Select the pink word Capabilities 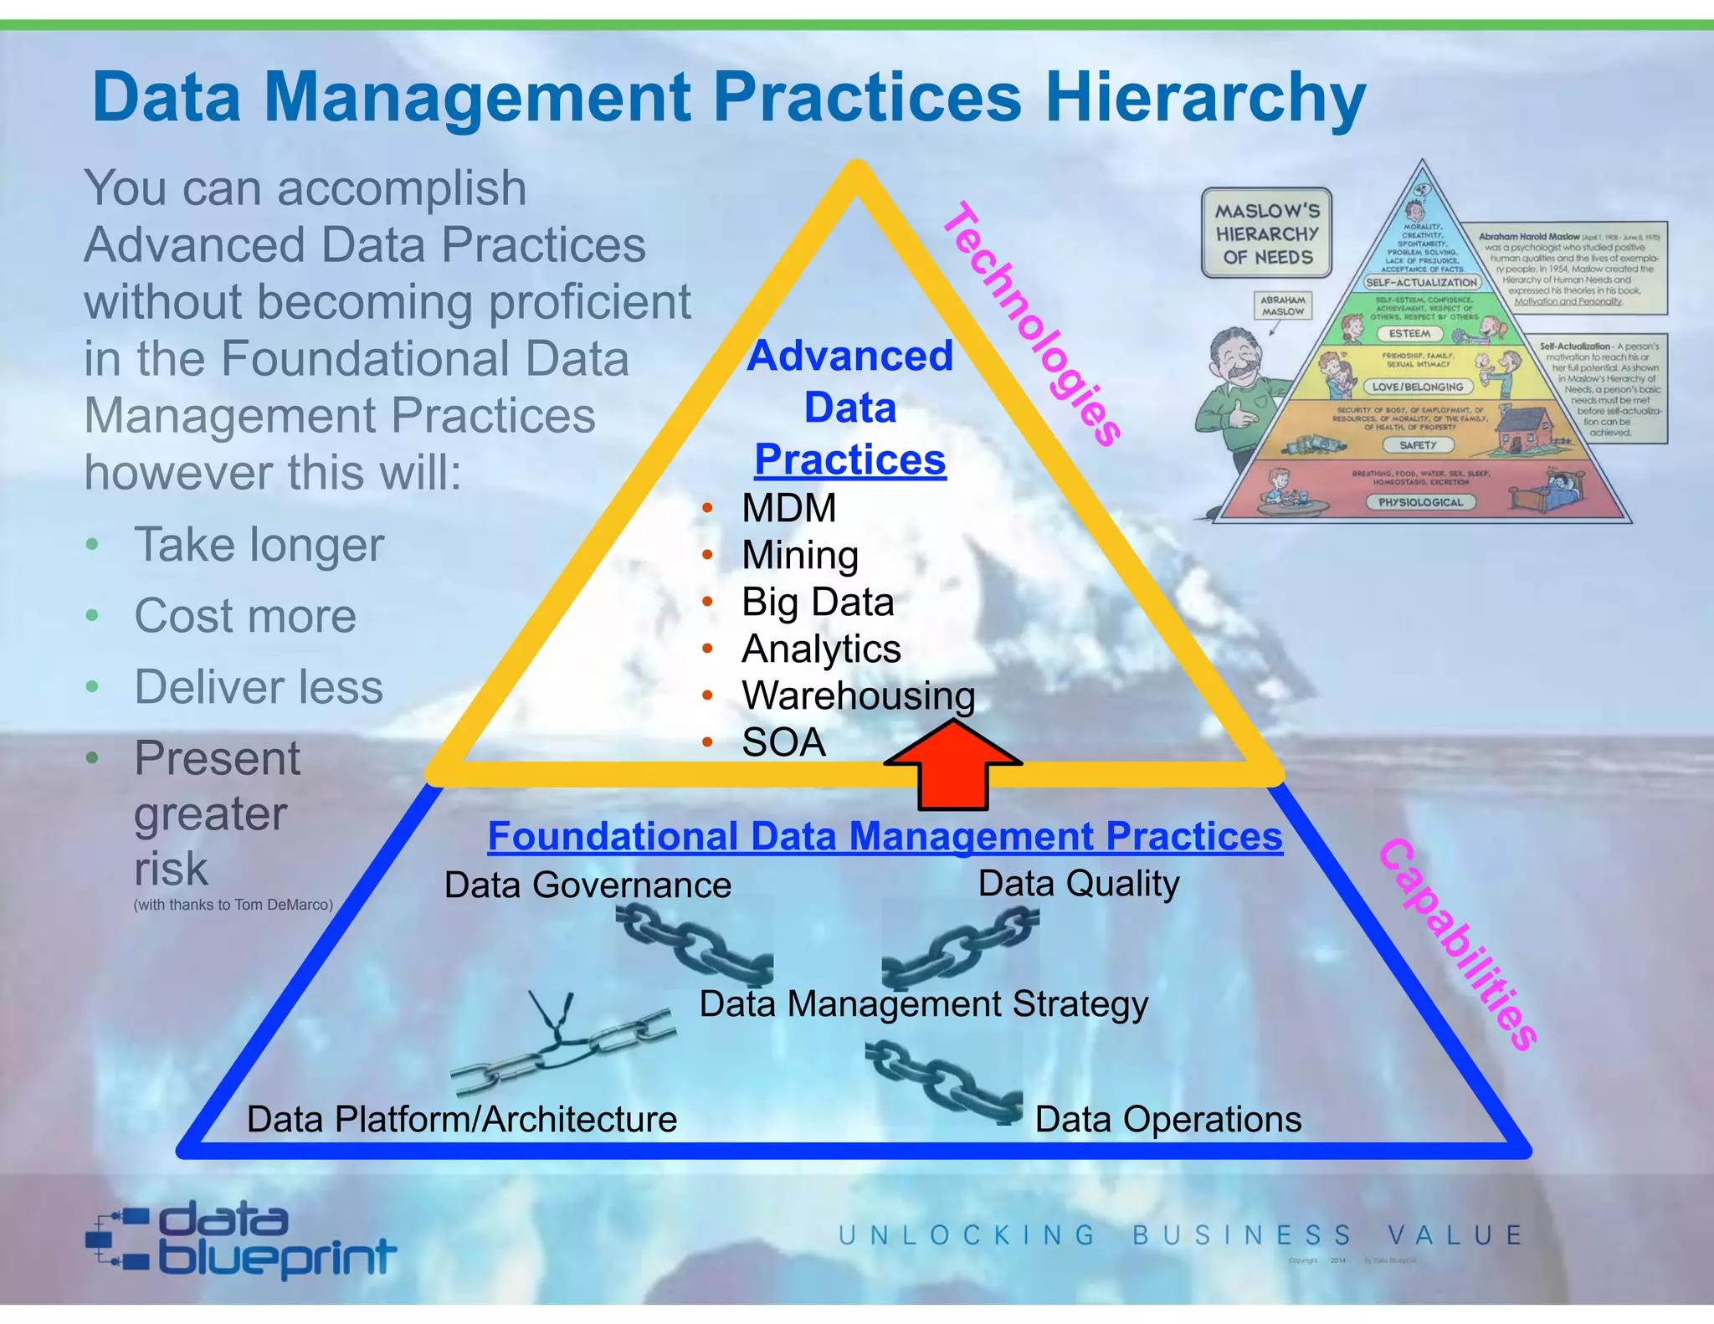[1457, 944]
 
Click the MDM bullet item [788, 508]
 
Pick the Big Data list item [818, 602]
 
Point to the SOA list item [783, 742]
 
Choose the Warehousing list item [858, 695]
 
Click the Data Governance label [588, 885]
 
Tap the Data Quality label [1079, 883]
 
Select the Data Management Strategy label [923, 1003]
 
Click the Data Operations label [1167, 1119]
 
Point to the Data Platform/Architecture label [462, 1119]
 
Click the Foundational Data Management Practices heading [885, 836]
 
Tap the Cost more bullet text [245, 616]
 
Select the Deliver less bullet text [259, 687]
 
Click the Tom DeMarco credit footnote [233, 905]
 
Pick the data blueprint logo [241, 1240]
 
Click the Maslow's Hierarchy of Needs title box [1266, 233]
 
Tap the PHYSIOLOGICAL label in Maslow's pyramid [1420, 502]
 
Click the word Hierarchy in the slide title [1205, 98]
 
